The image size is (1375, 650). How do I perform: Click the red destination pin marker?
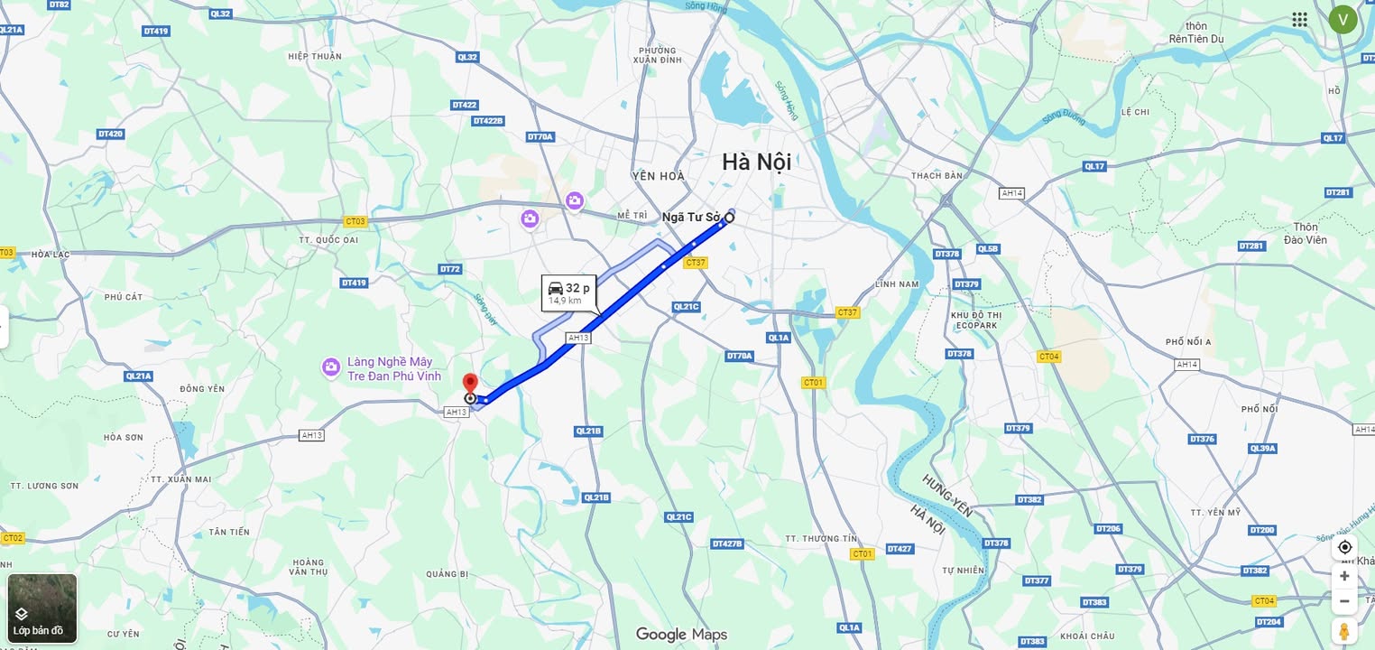point(469,382)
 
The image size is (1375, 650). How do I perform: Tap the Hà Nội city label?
point(756,162)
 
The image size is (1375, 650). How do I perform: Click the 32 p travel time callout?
point(568,292)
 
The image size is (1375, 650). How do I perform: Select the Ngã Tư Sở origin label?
point(691,217)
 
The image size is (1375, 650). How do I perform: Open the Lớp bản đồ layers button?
point(42,608)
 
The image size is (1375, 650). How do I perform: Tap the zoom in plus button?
point(1344,576)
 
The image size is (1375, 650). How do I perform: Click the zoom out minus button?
point(1344,600)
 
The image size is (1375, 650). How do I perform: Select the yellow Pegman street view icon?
point(1344,630)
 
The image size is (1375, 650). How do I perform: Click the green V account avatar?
point(1343,19)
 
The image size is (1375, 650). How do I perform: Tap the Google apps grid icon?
point(1299,20)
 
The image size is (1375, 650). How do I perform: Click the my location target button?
point(1344,547)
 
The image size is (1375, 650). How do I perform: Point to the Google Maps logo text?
point(681,635)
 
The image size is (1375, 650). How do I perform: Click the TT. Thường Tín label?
point(821,538)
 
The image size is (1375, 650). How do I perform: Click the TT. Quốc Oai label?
point(328,240)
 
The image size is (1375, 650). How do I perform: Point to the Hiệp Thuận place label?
point(315,56)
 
